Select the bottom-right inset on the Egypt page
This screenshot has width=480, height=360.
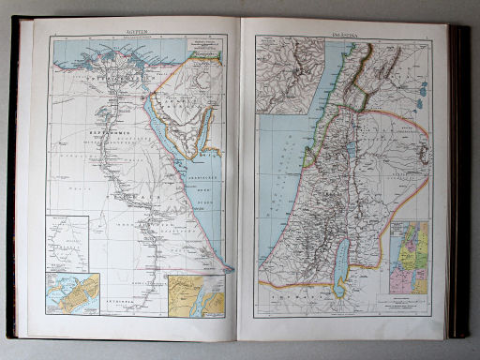coord(196,294)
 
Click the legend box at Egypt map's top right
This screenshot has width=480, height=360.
coord(204,48)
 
